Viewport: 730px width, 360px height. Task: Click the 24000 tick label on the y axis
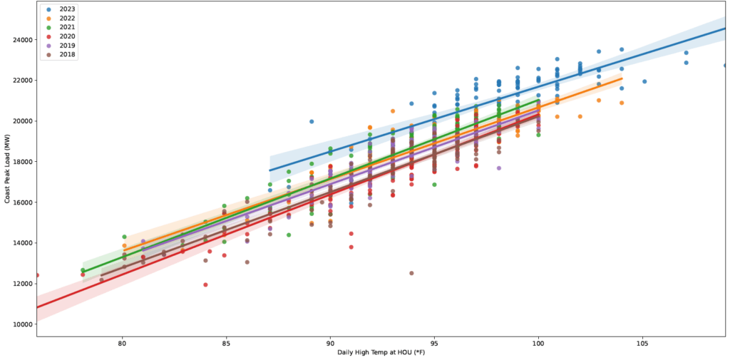pos(20,39)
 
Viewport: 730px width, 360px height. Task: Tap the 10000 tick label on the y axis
pos(20,324)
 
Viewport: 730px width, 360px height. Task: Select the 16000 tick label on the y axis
pos(20,202)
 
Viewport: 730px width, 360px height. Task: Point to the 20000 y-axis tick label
pos(20,120)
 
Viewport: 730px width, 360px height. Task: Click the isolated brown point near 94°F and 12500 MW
pos(411,273)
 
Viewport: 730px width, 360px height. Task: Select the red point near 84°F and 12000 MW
pos(205,284)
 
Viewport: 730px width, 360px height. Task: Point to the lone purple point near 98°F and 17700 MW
pos(498,168)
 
